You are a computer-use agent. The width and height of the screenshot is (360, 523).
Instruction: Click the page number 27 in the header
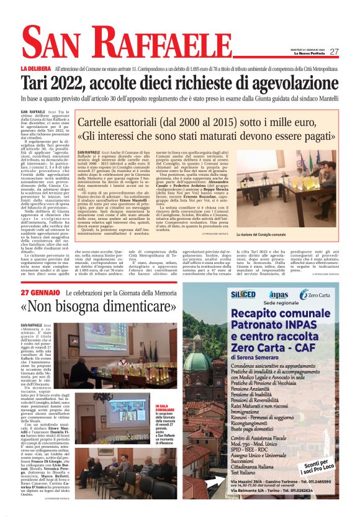point(335,52)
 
